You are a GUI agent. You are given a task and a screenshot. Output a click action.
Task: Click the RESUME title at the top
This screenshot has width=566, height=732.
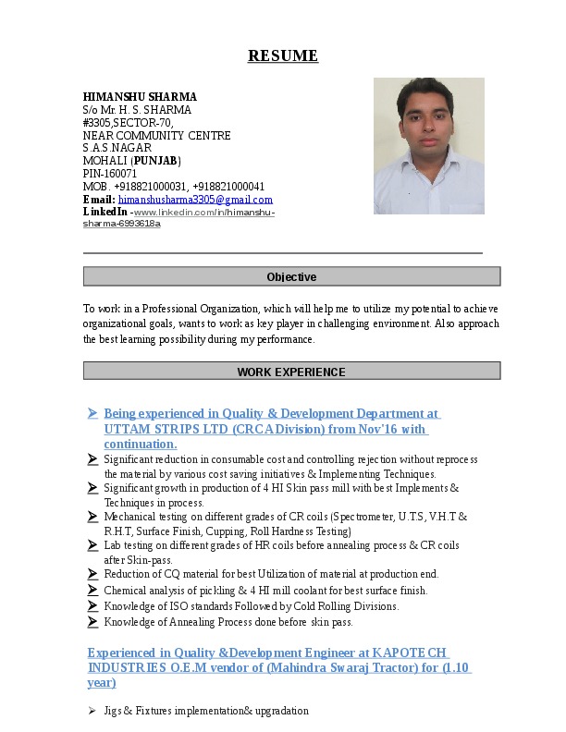point(283,56)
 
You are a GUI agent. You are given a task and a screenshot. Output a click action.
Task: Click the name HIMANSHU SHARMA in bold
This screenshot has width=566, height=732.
point(140,96)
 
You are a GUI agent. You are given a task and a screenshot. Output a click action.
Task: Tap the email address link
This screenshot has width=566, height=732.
point(195,200)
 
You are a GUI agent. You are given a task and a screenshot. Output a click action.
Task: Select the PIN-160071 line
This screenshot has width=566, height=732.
point(110,174)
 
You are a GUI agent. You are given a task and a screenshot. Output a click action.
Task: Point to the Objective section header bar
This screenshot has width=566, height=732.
point(291,276)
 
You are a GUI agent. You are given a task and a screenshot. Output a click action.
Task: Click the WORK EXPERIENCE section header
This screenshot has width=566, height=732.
point(291,372)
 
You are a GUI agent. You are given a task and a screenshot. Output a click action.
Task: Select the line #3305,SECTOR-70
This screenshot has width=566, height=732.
point(128,122)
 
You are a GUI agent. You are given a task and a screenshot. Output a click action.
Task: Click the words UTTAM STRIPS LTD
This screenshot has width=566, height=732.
point(153,429)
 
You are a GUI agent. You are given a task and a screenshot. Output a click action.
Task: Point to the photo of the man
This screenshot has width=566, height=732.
point(428,146)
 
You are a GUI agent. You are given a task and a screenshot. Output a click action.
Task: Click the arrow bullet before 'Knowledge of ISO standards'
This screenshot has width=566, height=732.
point(92,606)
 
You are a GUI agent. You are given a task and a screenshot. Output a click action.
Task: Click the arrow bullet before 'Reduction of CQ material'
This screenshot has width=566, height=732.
point(92,574)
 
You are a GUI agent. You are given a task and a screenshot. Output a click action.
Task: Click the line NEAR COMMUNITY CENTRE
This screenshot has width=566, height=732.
point(156,135)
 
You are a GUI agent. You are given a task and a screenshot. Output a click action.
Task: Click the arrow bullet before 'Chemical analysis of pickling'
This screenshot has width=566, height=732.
point(92,590)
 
